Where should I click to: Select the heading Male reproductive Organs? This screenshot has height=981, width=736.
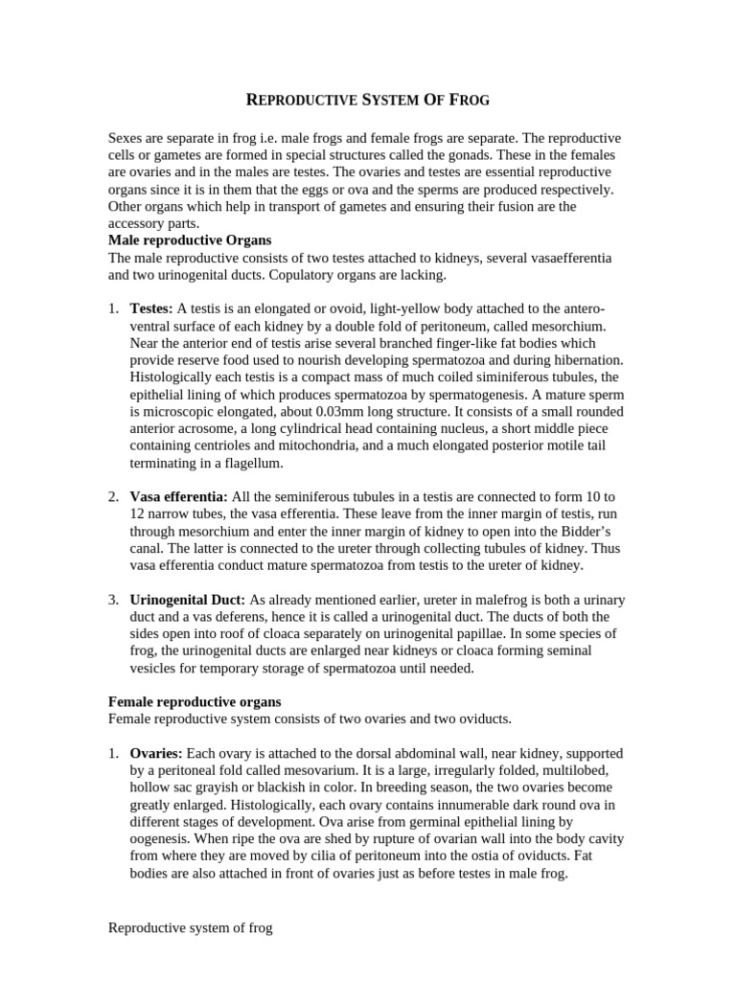tap(191, 240)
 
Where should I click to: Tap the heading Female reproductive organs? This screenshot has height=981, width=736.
tap(195, 702)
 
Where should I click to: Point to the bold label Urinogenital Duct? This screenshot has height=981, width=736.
tap(188, 600)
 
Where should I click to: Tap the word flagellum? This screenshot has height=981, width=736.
tap(252, 463)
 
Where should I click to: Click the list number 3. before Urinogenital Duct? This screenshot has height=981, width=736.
tap(113, 600)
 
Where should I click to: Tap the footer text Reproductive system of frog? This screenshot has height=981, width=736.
tap(191, 927)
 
